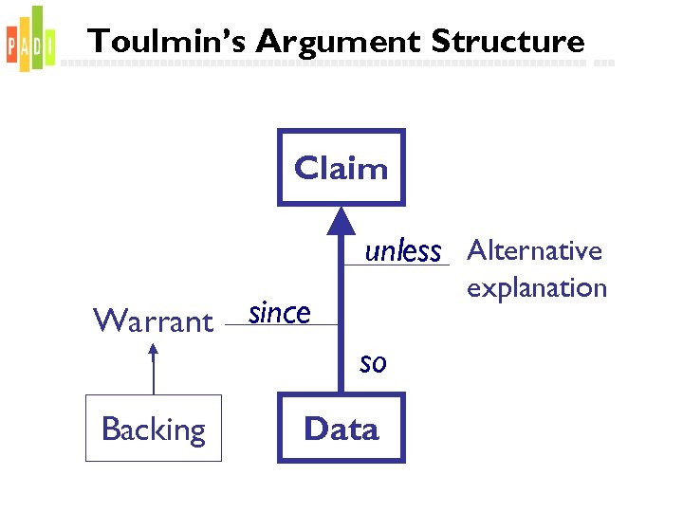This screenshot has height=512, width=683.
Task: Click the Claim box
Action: tap(341, 168)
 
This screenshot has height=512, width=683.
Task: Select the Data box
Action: tap(341, 429)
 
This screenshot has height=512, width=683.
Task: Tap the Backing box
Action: tap(154, 429)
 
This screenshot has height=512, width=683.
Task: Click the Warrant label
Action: tap(153, 321)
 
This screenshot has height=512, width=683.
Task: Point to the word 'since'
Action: tap(279, 312)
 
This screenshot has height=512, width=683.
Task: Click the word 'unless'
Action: tap(403, 251)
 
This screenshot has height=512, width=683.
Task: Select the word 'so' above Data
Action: tap(373, 361)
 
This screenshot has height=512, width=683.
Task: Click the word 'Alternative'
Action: tap(535, 250)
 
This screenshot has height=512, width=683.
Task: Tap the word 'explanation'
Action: tap(536, 287)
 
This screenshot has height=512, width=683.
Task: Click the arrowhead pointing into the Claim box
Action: tap(341, 220)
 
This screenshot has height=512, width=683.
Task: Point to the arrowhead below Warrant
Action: tap(153, 350)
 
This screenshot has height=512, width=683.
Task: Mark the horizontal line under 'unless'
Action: tap(397, 265)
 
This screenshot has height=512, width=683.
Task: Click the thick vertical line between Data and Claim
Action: tap(341, 313)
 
